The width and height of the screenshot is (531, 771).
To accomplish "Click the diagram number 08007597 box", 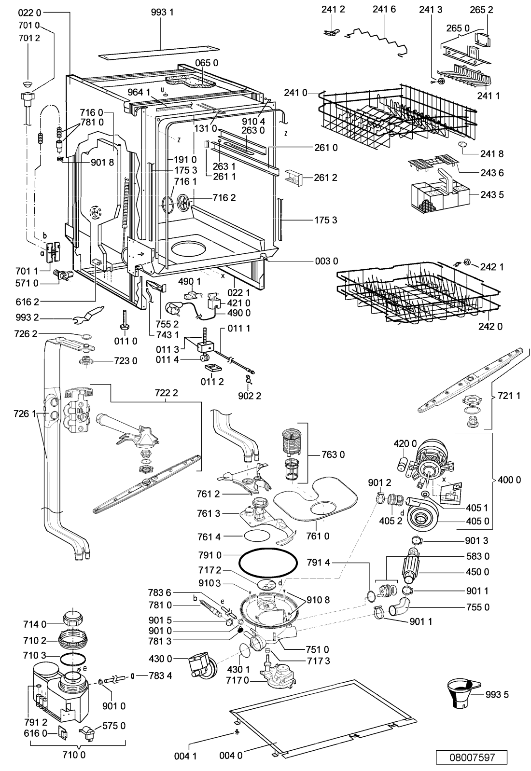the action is (472, 757).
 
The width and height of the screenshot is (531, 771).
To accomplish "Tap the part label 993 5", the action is (497, 694).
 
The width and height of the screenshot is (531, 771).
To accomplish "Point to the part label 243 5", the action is (492, 194).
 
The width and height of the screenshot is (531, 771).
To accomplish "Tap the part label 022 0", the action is (29, 13).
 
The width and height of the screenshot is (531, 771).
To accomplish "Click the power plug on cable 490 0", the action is (174, 305).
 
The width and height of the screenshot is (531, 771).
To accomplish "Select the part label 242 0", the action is (490, 326).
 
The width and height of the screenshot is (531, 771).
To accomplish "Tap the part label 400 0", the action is (510, 479).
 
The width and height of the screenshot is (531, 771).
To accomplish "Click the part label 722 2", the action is (166, 392).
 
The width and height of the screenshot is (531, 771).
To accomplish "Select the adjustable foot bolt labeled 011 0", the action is (124, 320).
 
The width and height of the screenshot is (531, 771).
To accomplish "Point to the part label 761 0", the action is (318, 536).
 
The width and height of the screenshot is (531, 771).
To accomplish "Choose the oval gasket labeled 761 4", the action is (257, 536).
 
